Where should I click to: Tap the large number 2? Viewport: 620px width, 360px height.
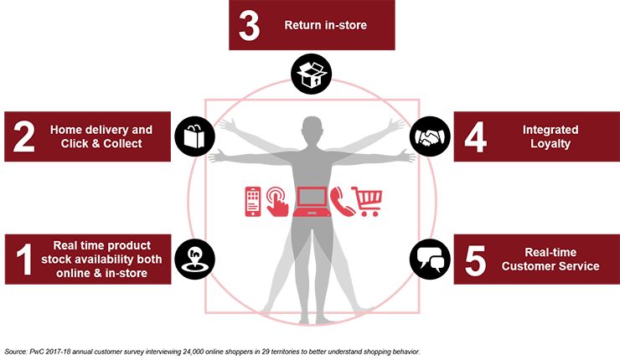[23, 137]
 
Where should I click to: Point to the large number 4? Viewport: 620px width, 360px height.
[474, 137]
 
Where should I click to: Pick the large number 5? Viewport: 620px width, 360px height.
[474, 260]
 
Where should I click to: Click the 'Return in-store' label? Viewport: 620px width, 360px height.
[325, 25]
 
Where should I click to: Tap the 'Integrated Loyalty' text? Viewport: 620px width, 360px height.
[550, 137]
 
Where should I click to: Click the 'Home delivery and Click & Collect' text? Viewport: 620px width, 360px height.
[101, 136]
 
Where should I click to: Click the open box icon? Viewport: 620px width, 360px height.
[309, 75]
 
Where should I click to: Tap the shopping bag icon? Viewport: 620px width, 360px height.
[192, 134]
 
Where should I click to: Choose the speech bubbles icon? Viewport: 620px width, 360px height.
[431, 259]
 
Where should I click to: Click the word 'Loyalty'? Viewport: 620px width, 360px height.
[550, 144]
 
